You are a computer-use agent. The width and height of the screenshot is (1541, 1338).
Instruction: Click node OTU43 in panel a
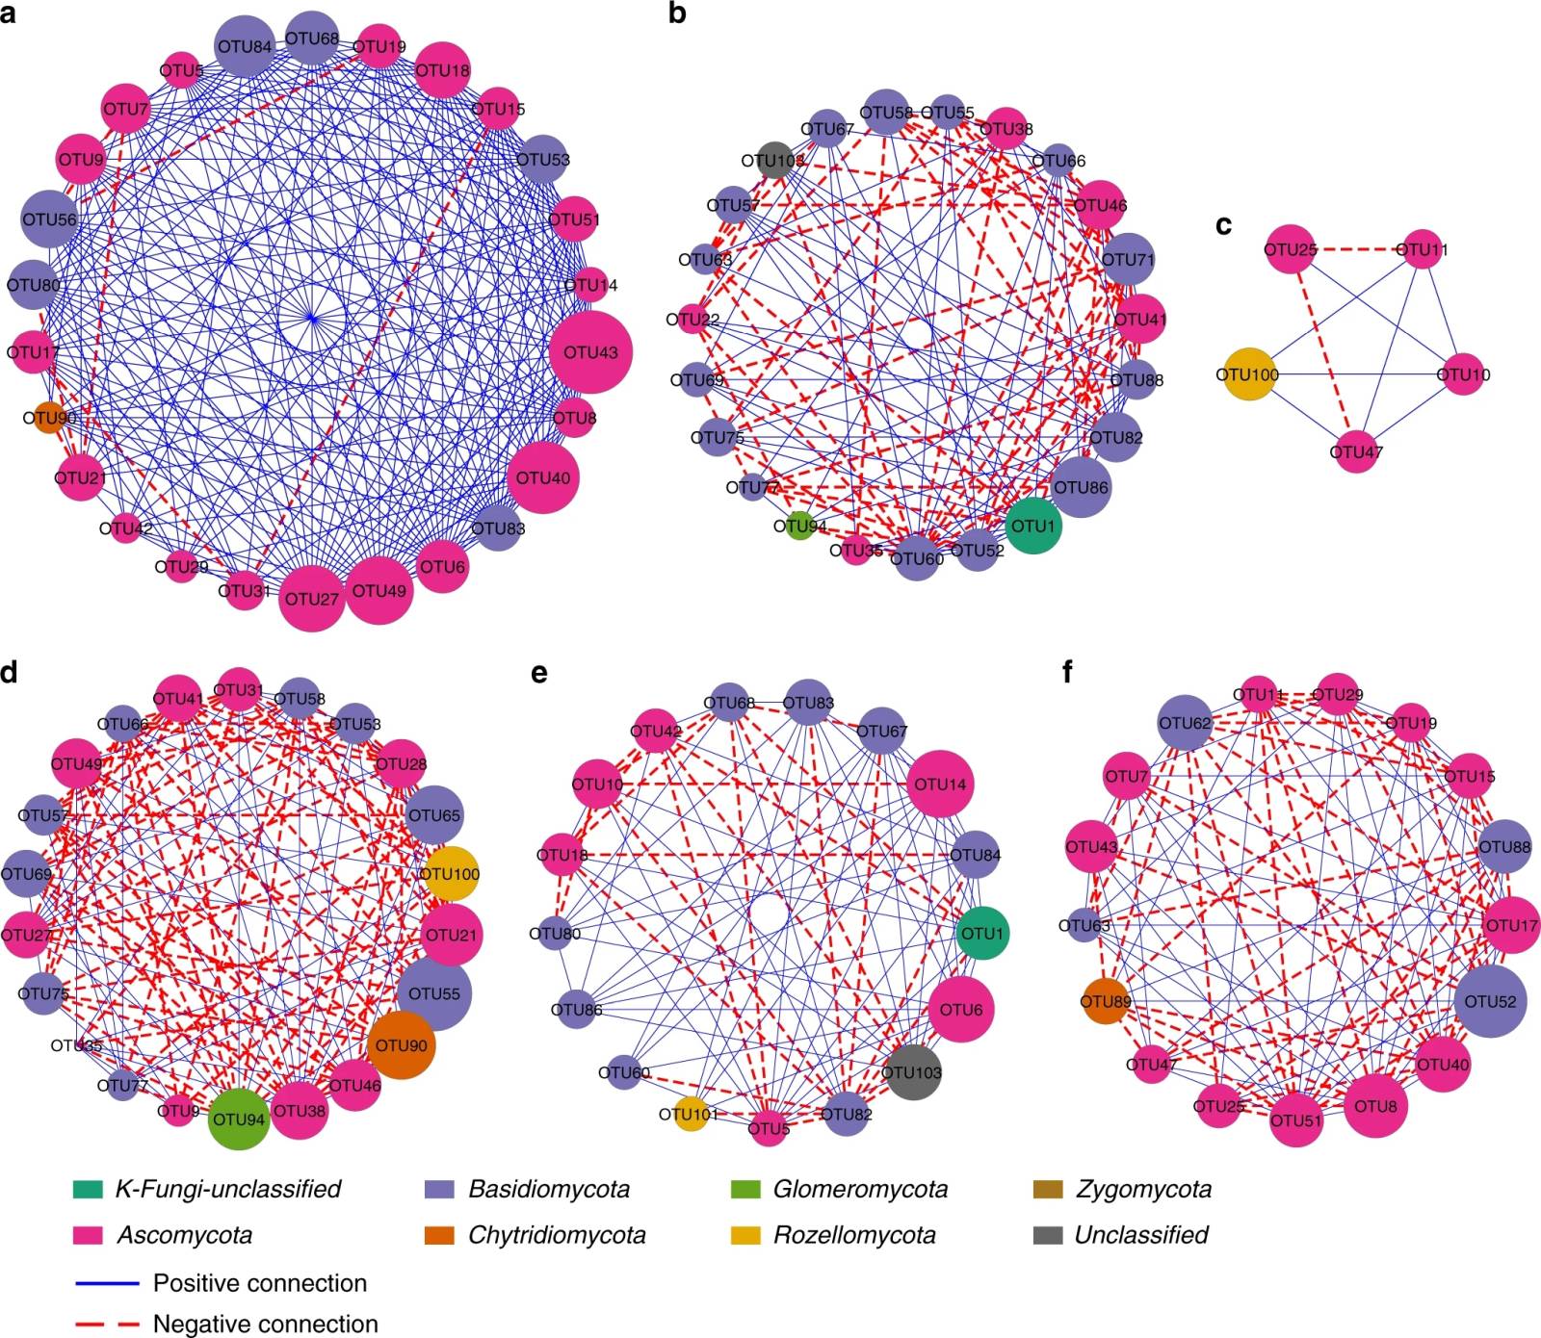pos(590,352)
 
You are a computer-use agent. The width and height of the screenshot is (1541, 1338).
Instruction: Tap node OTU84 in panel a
pos(244,46)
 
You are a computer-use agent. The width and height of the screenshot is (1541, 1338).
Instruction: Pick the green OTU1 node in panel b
pos(1032,526)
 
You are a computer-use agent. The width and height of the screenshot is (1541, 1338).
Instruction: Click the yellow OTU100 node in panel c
pos(1248,374)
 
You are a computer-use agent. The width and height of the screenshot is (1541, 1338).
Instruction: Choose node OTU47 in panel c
pos(1356,451)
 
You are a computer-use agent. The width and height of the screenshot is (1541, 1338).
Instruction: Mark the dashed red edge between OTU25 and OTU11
pos(1356,250)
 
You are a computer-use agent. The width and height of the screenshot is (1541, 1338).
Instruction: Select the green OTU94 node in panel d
pos(238,1119)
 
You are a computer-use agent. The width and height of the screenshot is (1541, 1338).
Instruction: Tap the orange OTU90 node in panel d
pos(401,1045)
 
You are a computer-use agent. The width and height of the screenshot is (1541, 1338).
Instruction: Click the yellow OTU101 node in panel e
pos(689,1114)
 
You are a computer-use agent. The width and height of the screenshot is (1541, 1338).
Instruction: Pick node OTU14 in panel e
pos(940,784)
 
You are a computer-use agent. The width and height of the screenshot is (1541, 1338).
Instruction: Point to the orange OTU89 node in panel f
pos(1105,1002)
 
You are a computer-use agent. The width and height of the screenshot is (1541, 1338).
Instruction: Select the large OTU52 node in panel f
pos(1490,1001)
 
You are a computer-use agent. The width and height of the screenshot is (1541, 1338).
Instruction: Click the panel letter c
pos(1224,224)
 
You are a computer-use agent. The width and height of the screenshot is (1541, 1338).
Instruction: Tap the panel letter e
pos(538,672)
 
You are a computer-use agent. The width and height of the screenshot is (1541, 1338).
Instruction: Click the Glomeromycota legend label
pos(860,1189)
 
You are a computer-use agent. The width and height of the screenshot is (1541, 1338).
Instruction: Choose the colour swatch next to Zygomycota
pos(1047,1189)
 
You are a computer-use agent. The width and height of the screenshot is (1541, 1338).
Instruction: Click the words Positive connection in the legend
pos(260,1283)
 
